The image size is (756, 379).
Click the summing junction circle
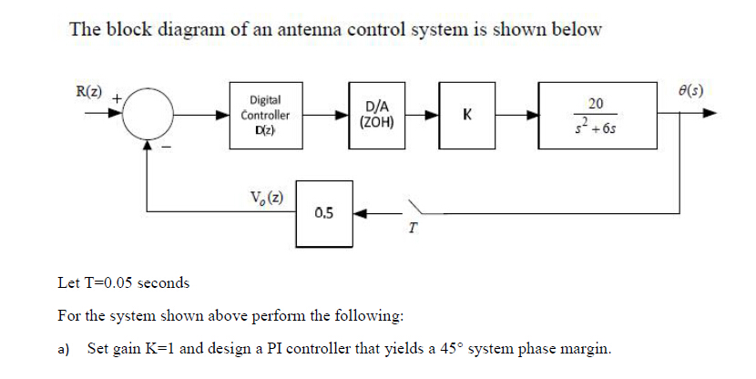coord(147,116)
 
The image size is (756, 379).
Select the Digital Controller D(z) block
coord(266,116)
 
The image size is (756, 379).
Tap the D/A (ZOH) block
coord(377,116)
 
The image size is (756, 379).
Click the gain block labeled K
coord(466,116)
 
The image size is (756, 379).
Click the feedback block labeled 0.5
coord(322,213)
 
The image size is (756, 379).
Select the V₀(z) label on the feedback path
coord(265,198)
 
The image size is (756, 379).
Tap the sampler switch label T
coord(412,229)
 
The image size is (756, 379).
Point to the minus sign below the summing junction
coord(167,146)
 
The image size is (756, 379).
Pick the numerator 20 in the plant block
coord(598,104)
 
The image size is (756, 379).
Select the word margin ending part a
coord(584,349)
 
